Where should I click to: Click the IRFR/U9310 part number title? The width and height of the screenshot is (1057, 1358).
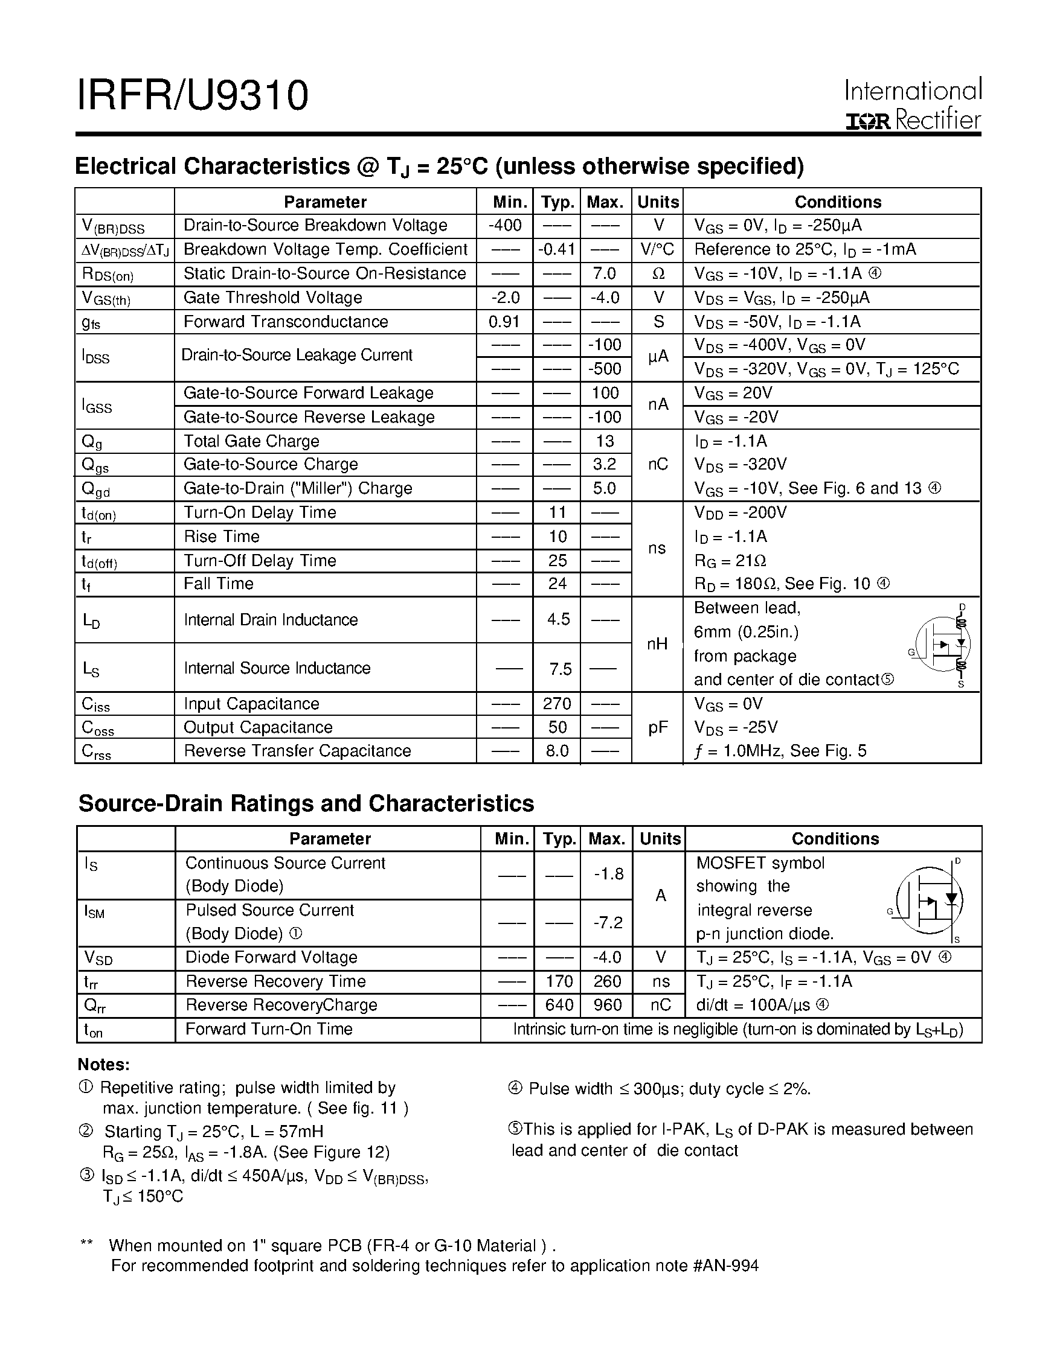[x=192, y=96]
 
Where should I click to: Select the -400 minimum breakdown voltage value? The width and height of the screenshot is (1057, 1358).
[x=504, y=225]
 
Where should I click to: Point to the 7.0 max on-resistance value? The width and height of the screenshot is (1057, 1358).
[x=604, y=273]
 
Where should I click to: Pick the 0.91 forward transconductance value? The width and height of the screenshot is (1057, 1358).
[x=504, y=322]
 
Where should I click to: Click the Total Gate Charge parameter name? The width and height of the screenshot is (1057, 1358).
[x=251, y=441]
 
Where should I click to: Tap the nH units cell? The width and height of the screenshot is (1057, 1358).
[x=657, y=643]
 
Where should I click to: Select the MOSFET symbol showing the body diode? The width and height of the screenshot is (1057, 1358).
[x=930, y=900]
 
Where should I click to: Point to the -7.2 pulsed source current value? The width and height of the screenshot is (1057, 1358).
[x=608, y=922]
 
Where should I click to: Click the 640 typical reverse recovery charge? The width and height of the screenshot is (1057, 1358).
[x=558, y=1005]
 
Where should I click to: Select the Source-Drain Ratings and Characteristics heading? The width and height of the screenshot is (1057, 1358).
[x=306, y=803]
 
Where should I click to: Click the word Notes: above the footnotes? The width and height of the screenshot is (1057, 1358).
[x=103, y=1065]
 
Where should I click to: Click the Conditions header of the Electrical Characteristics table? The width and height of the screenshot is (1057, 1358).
[x=837, y=202]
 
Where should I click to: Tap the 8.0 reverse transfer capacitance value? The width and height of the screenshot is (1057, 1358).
[x=557, y=750]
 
